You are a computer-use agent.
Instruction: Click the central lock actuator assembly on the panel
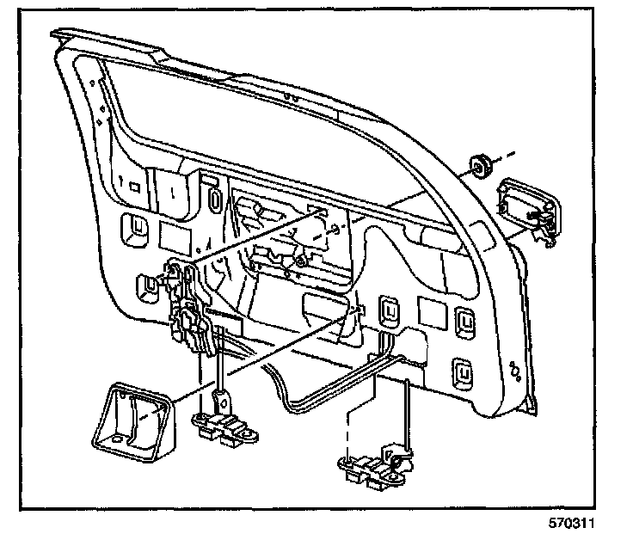[194, 310]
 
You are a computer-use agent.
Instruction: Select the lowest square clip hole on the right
[462, 373]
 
